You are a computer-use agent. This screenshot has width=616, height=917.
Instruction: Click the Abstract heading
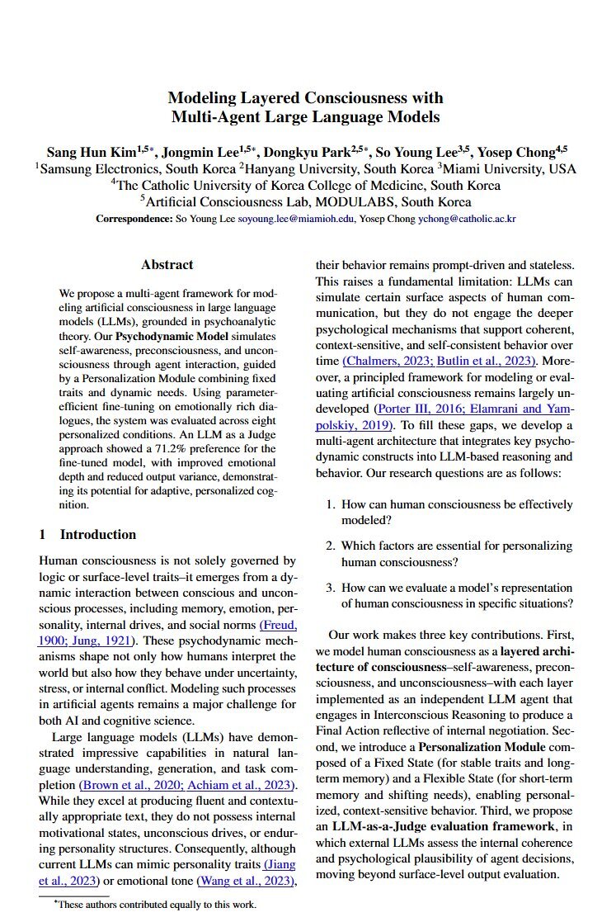[x=167, y=265]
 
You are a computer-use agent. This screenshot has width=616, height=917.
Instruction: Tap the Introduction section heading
[x=97, y=534]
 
